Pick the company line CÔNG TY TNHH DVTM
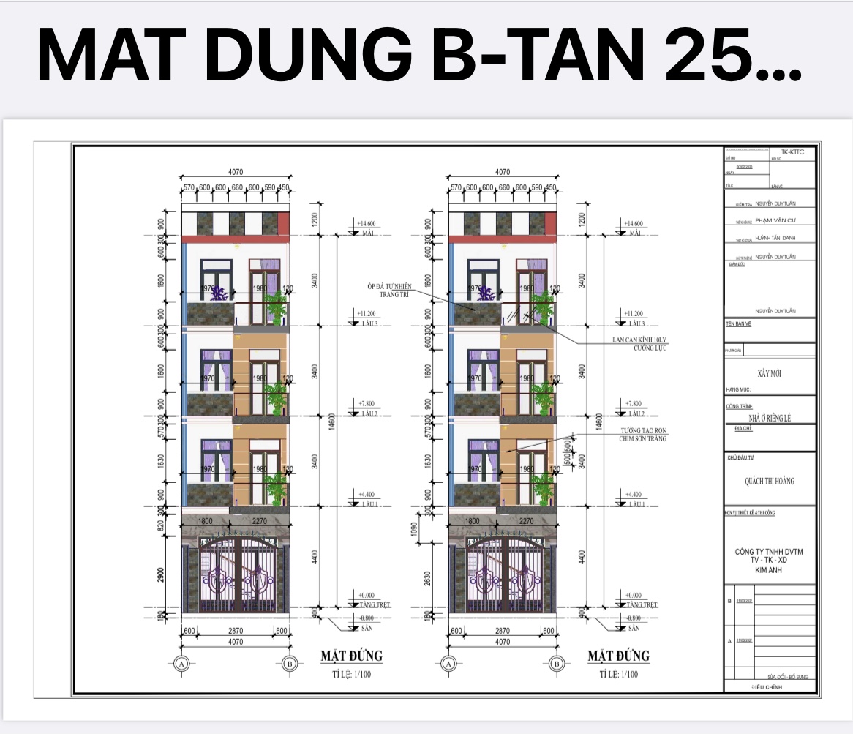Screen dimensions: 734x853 click(768, 552)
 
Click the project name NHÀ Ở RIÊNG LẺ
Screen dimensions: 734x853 click(769, 418)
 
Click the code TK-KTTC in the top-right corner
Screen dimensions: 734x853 click(792, 151)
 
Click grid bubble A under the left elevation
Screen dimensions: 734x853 click(181, 664)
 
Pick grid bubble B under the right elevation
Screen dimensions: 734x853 click(557, 664)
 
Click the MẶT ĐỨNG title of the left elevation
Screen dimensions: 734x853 click(351, 655)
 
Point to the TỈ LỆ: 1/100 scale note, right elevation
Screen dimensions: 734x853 click(617, 674)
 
